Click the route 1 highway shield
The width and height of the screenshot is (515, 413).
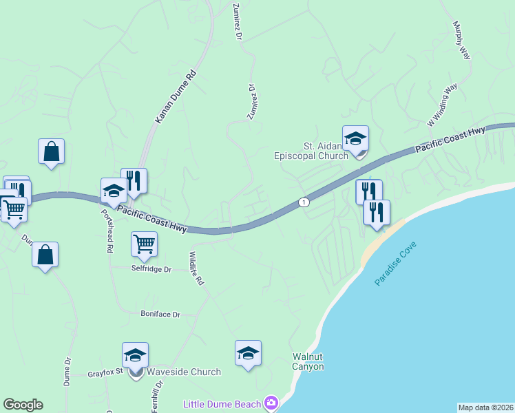303,202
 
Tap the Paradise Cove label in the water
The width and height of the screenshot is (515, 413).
395,264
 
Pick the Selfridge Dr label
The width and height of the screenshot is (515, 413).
151,269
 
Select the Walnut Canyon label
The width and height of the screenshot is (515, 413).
308,362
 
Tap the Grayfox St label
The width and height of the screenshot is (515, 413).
105,374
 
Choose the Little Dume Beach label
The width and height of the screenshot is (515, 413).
222,404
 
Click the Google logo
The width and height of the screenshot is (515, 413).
23,405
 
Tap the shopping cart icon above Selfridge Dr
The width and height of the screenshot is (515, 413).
144,243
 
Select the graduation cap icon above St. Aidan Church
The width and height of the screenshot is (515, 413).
356,138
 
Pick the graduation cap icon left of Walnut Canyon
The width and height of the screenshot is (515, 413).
248,353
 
